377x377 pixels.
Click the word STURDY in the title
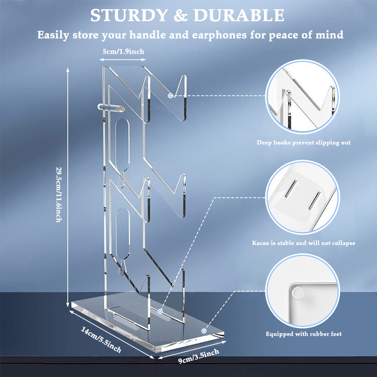tap(129, 15)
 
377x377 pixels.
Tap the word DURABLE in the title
tap(239, 15)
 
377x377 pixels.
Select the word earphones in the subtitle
tap(219, 35)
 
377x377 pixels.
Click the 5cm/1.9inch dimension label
tap(124, 52)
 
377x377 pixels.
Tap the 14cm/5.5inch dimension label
tap(101, 339)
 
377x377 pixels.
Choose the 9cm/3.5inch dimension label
tap(198, 356)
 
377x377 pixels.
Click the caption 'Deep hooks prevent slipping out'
tap(303, 142)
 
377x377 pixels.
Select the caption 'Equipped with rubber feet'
tap(303, 334)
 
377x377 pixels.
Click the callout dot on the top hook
tap(170, 96)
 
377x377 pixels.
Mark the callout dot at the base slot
tap(160, 311)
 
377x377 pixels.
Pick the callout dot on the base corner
tap(204, 331)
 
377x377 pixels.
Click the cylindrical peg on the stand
tap(111, 108)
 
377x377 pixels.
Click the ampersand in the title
tap(180, 16)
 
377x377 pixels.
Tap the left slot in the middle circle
tap(291, 189)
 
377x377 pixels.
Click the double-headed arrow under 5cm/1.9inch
tap(122, 59)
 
